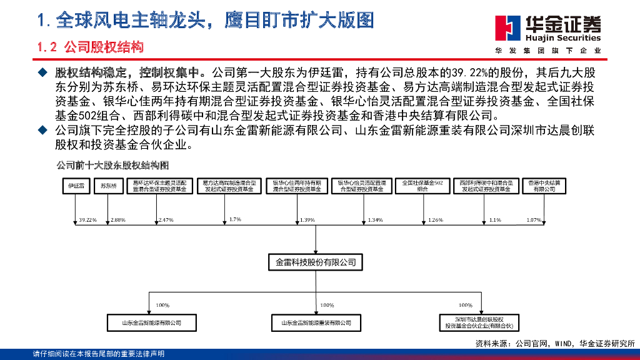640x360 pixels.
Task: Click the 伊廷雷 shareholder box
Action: [77, 186]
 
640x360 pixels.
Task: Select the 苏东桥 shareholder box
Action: [109, 186]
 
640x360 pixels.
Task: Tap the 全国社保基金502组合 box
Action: [422, 186]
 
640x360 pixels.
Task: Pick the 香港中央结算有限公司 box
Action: [540, 186]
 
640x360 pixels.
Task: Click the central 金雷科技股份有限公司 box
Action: [316, 262]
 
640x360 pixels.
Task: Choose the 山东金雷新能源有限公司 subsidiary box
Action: [151, 323]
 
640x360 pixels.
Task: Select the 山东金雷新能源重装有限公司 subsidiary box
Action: [316, 323]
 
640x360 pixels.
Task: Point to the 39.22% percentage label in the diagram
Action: [88, 220]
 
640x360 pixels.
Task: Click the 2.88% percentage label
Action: [118, 220]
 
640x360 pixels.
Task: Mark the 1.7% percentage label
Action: [235, 219]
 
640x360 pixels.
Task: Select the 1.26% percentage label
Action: [436, 220]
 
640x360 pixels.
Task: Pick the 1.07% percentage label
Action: [534, 220]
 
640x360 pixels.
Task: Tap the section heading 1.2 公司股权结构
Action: [90, 47]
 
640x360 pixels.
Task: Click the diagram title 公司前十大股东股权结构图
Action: [112, 166]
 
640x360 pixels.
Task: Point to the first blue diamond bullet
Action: [43, 71]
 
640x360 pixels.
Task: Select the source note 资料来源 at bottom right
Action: [554, 344]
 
